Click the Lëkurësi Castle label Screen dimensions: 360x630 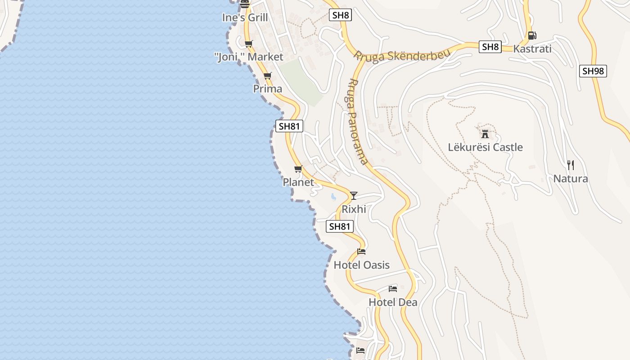click(485, 147)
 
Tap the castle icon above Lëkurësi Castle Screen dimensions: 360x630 click(485, 134)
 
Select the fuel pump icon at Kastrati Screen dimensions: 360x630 click(532, 35)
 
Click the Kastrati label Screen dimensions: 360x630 click(532, 49)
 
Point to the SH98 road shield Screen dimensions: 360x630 click(593, 71)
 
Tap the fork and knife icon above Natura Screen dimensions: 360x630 click(570, 165)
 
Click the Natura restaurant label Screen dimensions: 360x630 click(570, 179)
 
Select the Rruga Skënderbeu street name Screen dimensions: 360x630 click(402, 56)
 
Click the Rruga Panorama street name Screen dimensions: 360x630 click(358, 121)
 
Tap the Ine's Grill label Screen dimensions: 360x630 click(245, 18)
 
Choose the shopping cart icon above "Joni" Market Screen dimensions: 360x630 click(248, 44)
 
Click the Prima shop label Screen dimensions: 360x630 click(268, 89)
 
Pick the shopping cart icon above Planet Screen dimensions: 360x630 click(298, 169)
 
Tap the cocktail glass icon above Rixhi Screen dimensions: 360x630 click(354, 195)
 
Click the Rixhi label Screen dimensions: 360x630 click(354, 209)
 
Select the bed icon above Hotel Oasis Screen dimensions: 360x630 click(361, 252)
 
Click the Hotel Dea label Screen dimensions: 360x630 click(393, 302)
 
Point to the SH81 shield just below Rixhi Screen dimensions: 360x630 click(340, 226)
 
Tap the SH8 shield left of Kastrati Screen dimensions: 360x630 click(490, 47)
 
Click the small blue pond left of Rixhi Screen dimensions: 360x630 click(333, 197)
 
